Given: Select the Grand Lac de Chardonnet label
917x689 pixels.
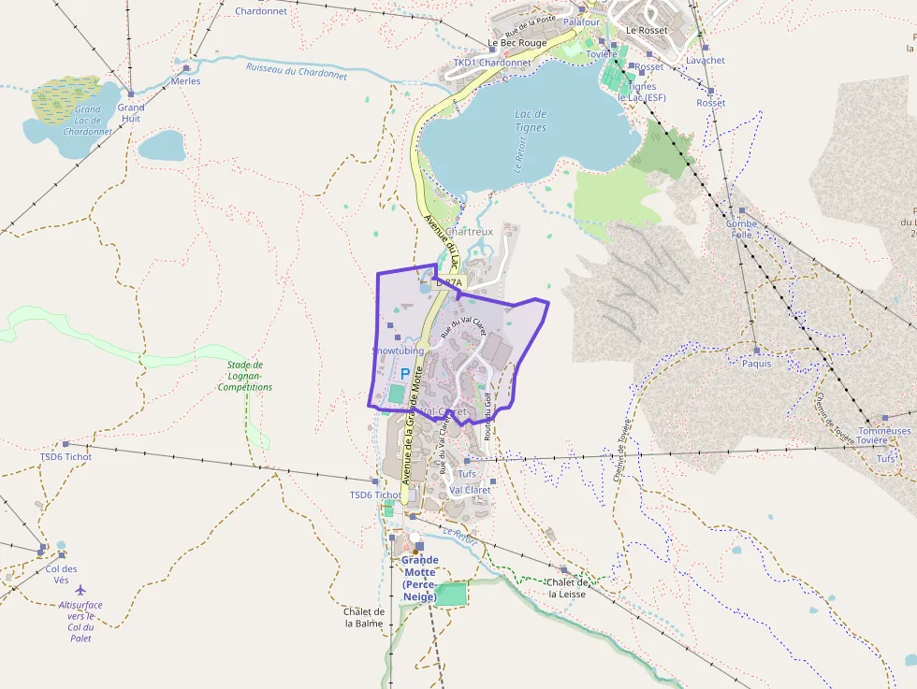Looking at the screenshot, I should pyautogui.click(x=88, y=121).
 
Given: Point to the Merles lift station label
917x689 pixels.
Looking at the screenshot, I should pyautogui.click(x=185, y=81).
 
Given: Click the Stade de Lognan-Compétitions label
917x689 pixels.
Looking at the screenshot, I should pyautogui.click(x=245, y=376).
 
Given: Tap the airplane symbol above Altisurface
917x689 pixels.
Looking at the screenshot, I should pyautogui.click(x=80, y=590).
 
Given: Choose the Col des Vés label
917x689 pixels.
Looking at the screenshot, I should pyautogui.click(x=61, y=574).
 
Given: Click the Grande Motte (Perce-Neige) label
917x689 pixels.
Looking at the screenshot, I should pyautogui.click(x=419, y=578).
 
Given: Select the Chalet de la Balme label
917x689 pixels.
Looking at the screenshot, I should pyautogui.click(x=364, y=617).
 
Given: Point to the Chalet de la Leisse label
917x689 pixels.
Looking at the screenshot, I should pyautogui.click(x=568, y=587).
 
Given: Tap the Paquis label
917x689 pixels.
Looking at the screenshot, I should pyautogui.click(x=756, y=364).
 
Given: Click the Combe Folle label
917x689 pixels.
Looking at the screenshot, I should pyautogui.click(x=741, y=229).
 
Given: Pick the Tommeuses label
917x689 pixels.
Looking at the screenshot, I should pyautogui.click(x=884, y=431).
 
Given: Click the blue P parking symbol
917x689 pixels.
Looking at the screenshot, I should pyautogui.click(x=404, y=373).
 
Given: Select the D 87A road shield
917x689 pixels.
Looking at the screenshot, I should pyautogui.click(x=449, y=281).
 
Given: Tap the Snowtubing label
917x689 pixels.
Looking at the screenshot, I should pyautogui.click(x=398, y=351).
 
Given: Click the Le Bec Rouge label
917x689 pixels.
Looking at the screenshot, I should pyautogui.click(x=517, y=43).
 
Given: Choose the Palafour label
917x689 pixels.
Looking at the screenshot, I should pyautogui.click(x=581, y=21).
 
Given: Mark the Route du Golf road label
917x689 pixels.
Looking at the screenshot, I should pyautogui.click(x=488, y=415).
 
